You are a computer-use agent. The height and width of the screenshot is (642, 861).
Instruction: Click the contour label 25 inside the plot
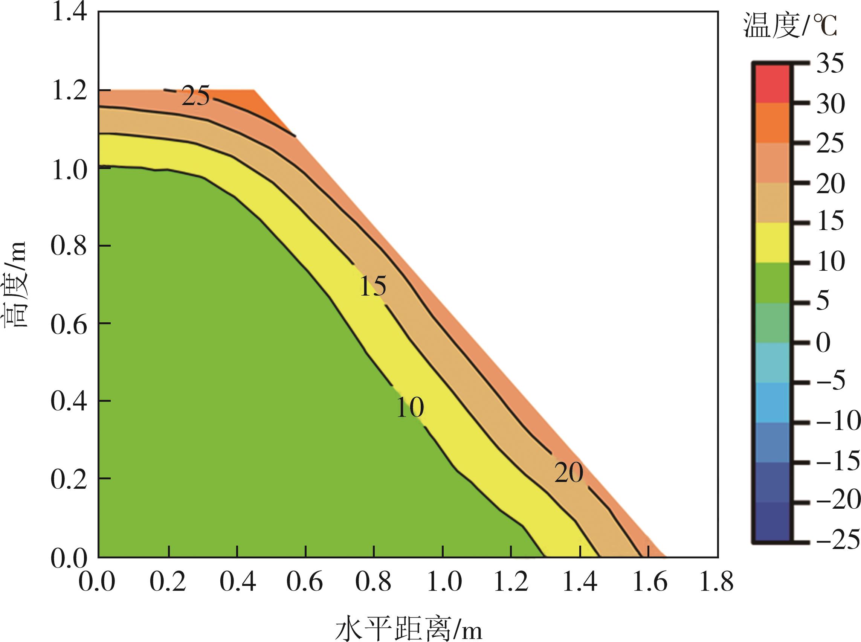point(195,96)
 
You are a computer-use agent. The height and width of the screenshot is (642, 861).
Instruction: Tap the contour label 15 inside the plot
point(373,287)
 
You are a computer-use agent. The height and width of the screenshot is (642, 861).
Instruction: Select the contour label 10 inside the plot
point(410,408)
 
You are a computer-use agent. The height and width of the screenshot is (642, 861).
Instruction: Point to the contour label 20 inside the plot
point(569,473)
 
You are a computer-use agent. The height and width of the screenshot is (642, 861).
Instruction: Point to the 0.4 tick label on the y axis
point(69,401)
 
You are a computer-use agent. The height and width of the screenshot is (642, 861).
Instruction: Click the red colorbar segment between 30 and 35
point(772,84)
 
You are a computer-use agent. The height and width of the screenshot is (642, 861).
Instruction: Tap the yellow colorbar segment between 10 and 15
point(772,243)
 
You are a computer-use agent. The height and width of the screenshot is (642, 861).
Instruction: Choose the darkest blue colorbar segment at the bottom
point(772,522)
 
